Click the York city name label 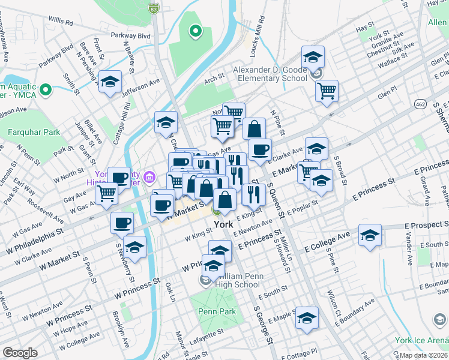[x=221, y=226]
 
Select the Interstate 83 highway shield [x=154, y=9]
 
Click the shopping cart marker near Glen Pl [x=327, y=91]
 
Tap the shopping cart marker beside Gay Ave [x=106, y=193]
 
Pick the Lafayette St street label [x=205, y=334]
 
